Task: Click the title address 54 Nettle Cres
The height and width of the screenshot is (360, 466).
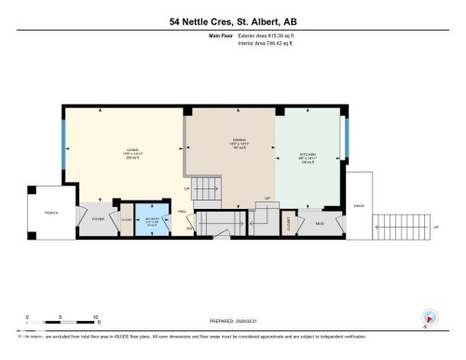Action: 233,21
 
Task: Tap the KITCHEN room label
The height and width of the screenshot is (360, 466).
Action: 308,155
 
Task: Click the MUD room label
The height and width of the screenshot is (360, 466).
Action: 319,223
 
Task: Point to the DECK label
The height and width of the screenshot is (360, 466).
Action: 358,204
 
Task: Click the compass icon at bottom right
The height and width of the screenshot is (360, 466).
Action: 430,317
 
